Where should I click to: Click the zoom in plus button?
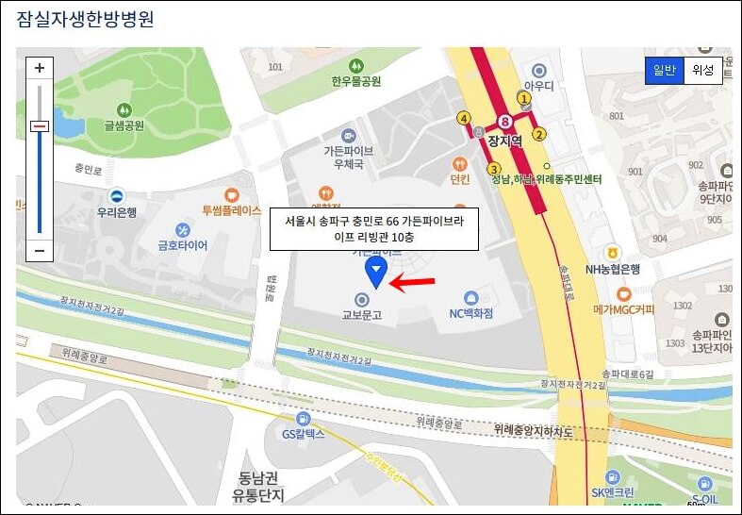pos(40,68)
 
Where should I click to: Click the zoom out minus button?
pos(40,250)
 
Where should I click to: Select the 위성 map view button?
pos(702,70)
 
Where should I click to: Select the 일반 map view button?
pos(664,70)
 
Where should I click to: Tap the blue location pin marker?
pos(376,272)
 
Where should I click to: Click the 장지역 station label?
pos(505,141)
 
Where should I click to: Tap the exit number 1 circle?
pos(524,97)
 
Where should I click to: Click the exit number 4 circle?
pos(463,118)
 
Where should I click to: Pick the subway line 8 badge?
pos(506,121)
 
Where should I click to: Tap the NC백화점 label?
pos(471,313)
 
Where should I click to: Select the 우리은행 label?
pos(118,213)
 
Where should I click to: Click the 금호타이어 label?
pos(183,245)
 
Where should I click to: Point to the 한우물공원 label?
pos(355,81)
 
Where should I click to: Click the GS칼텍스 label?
pos(303,434)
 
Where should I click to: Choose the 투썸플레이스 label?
pos(232,211)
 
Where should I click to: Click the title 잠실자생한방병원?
pos(85,19)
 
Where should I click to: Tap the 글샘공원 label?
pos(124,125)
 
